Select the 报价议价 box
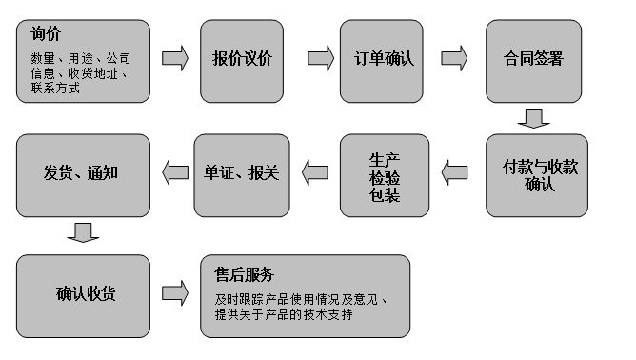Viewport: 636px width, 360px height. (242, 59)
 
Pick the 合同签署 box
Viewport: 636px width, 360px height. (533, 59)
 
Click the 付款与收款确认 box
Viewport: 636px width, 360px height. (539, 174)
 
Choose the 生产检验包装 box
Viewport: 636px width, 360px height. (384, 174)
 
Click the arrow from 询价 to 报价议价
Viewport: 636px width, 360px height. (175, 59)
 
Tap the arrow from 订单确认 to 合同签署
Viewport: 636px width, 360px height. (455, 59)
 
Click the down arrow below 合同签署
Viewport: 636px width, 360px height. (533, 118)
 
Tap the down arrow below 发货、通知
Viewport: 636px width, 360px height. (84, 232)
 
